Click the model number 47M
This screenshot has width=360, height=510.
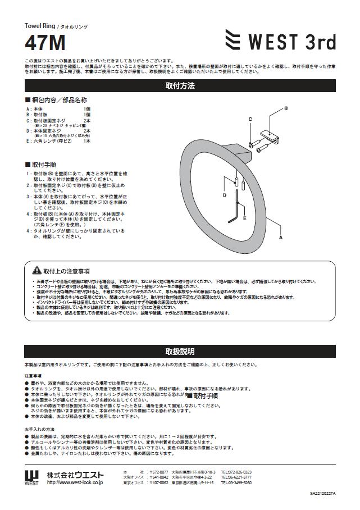pos(45,43)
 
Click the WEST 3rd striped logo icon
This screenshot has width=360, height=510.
pos(233,41)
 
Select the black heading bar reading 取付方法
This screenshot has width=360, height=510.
pos(180,86)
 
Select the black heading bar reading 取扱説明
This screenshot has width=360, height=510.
pos(180,352)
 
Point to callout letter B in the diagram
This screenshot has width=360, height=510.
pos(285,108)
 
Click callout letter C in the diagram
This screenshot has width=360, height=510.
pos(250,119)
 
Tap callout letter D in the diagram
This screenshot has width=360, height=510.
pos(224,195)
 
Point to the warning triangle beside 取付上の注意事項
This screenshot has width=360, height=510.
pos(37,271)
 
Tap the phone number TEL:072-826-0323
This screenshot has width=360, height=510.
pos(236,472)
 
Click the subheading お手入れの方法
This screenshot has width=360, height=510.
pos(39,429)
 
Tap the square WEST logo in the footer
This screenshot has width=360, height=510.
pos(31,476)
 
